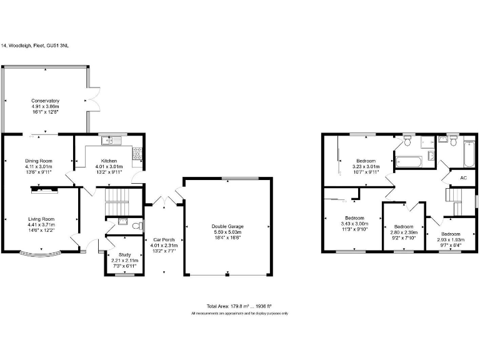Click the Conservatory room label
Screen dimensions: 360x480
46,101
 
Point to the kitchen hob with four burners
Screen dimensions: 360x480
136,153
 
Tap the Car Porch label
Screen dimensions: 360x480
164,239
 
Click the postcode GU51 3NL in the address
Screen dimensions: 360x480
61,46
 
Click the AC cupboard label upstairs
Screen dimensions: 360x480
463,178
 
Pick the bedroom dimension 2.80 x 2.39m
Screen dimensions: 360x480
404,232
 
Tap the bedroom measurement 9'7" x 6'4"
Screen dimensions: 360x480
450,244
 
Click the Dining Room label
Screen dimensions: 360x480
39,161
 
